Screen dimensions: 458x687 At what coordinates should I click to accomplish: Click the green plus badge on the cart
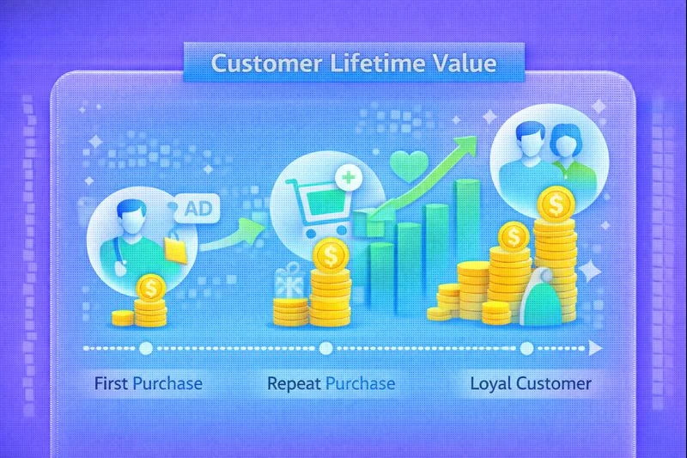point(349,179)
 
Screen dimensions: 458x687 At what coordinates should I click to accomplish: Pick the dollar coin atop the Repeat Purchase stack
point(331,254)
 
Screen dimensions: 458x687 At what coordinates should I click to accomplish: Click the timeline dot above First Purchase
point(145,348)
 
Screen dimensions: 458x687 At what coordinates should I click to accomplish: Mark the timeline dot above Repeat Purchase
point(325,348)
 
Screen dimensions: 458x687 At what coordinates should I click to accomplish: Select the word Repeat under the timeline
point(294,383)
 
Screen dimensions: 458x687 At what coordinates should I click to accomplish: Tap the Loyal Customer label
point(531,383)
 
